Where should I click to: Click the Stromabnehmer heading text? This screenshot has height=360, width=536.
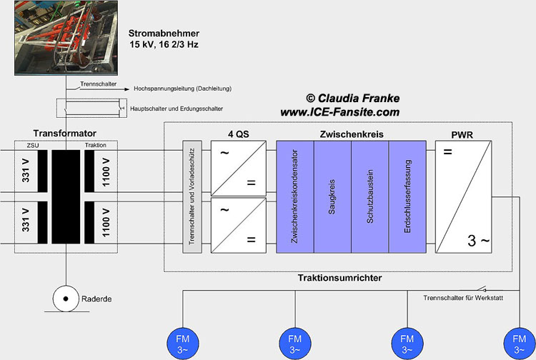(164, 34)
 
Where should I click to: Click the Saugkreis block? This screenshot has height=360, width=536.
(332, 196)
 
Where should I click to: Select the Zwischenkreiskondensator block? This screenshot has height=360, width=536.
(295, 196)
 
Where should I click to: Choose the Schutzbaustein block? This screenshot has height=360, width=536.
(369, 196)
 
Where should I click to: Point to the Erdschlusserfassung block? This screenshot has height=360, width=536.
(407, 196)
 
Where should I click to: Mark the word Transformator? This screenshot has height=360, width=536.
(64, 133)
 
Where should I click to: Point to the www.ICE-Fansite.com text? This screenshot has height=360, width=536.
(339, 112)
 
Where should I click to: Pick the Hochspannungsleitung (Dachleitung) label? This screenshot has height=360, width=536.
(182, 89)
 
